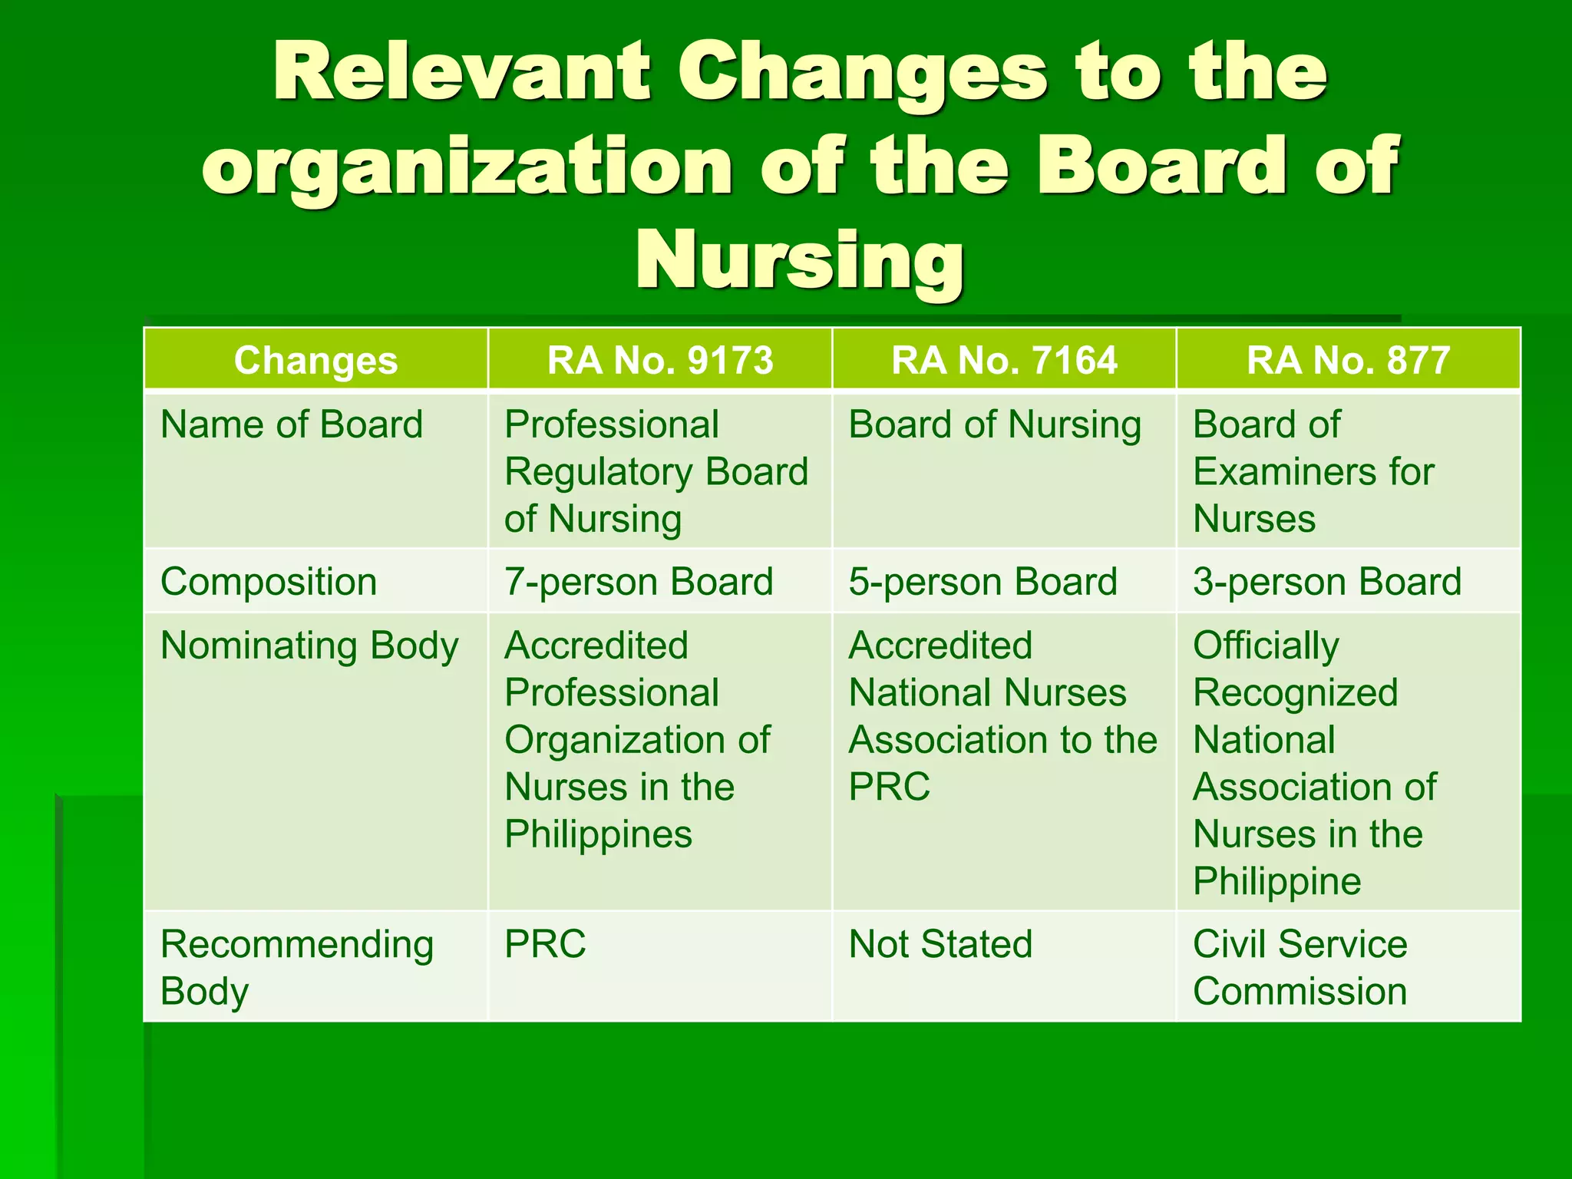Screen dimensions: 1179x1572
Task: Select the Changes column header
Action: pos(315,360)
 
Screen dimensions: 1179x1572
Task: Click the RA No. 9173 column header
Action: pos(659,360)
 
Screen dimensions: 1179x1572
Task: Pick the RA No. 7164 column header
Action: pos(1004,360)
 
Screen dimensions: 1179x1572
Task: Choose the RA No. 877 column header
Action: pos(1348,360)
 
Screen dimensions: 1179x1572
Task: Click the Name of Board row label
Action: pos(292,424)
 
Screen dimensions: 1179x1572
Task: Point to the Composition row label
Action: pos(269,582)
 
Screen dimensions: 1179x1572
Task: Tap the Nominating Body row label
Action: pos(309,646)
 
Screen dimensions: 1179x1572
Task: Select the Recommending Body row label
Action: pos(296,967)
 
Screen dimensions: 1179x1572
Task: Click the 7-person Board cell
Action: pos(639,582)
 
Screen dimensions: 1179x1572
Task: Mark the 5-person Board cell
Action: pos(982,582)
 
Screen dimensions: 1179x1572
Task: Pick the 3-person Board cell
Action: pos(1326,582)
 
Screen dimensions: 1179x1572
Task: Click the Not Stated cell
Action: pos(940,944)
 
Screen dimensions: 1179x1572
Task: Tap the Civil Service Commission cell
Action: pos(1300,967)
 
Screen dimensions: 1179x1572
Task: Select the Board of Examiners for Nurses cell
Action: pos(1313,471)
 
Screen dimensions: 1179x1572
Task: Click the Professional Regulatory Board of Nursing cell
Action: pos(656,471)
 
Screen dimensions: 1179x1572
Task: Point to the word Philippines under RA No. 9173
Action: pos(598,834)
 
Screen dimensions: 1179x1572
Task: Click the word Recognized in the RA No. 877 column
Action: pos(1295,693)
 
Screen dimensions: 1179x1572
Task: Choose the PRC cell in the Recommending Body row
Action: pos(545,944)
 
